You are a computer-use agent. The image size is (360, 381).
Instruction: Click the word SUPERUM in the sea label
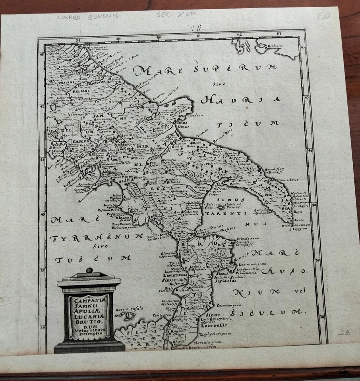(235, 68)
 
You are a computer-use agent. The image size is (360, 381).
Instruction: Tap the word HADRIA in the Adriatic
(241, 99)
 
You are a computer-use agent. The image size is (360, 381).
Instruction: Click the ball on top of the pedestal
(89, 270)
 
